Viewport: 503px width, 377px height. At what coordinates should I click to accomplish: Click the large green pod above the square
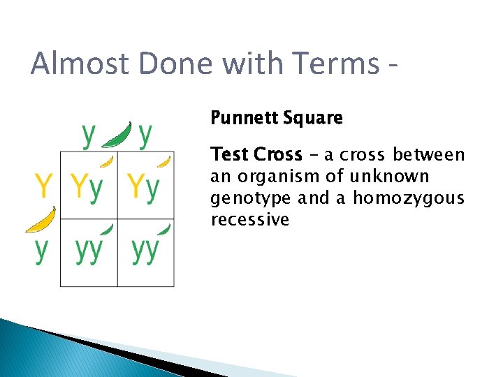coord(117,135)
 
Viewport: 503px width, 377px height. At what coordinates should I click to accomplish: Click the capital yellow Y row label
coord(43,186)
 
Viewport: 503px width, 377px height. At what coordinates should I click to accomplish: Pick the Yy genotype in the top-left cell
coord(87,186)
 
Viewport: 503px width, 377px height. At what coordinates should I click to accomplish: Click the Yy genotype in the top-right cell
coord(143,186)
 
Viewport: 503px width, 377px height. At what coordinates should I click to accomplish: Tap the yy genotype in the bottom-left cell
coord(88,251)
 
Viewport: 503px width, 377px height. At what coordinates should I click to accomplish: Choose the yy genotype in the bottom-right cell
coord(145,251)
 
